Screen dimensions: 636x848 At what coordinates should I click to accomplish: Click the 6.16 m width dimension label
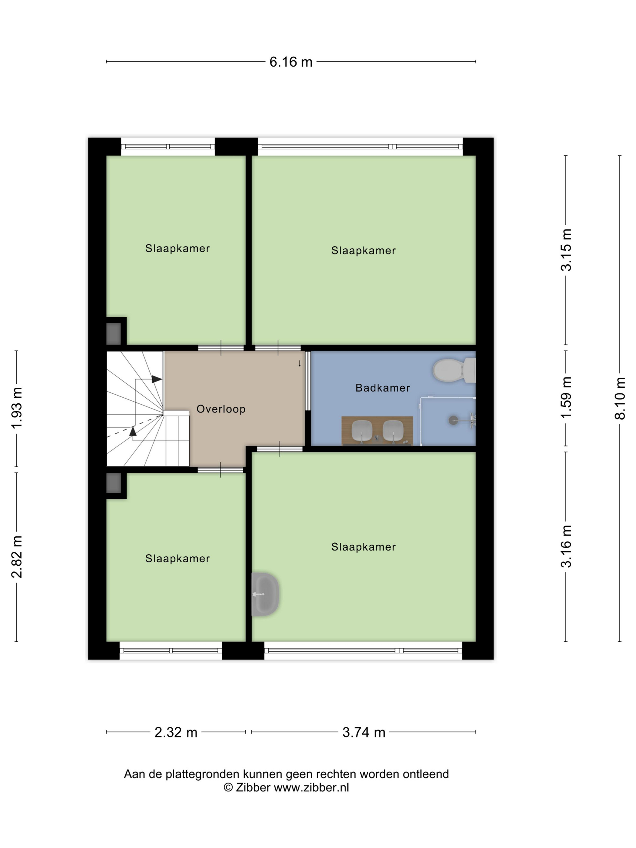291,62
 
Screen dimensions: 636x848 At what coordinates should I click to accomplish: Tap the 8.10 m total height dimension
620,398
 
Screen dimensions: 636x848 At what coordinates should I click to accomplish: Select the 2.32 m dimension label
176,733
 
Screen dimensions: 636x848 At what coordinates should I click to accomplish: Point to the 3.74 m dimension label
364,733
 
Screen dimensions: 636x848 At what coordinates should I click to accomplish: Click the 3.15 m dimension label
566,250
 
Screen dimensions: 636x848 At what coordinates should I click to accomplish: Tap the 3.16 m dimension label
566,546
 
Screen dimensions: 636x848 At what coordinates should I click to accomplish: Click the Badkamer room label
383,388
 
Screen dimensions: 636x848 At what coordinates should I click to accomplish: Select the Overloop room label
221,409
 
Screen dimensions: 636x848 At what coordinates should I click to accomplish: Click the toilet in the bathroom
454,370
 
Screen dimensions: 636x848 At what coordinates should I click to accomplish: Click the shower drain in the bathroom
453,420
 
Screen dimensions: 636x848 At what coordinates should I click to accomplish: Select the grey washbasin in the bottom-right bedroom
265,594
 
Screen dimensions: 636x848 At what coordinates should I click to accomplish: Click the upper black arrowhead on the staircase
156,379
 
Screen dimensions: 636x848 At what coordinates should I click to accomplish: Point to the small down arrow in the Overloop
300,364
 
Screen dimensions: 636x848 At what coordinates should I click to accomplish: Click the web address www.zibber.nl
311,787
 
